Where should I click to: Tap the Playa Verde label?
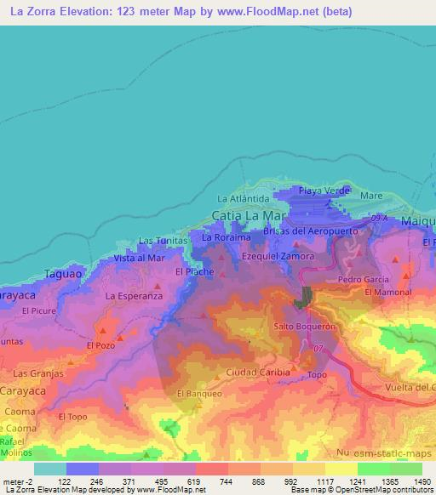pos(324,191)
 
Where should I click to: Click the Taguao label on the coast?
pos(61,274)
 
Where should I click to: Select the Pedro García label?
pos(363,279)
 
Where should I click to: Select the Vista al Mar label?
pos(139,258)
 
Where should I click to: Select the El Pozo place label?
pos(100,346)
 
